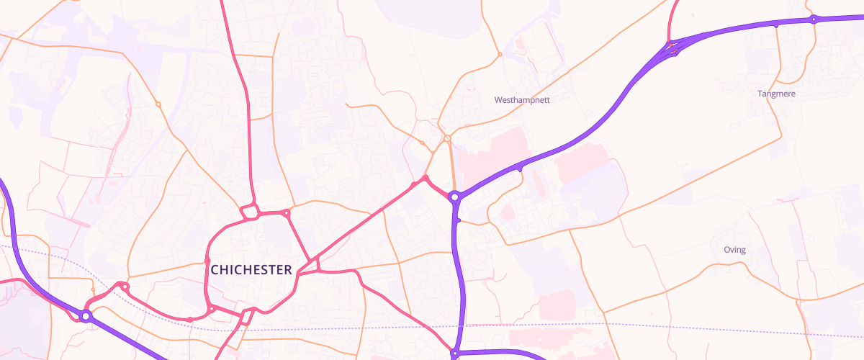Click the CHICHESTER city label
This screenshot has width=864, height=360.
point(251,270)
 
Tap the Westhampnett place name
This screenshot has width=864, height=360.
point(522,100)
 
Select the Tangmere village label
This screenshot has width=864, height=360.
point(777,94)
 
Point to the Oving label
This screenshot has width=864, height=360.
point(734,250)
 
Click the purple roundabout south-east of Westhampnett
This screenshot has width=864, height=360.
point(454,197)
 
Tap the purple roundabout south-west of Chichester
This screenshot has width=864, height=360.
point(86,315)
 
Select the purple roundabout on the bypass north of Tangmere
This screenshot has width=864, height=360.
point(813,19)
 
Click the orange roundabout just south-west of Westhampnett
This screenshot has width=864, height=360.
point(447,138)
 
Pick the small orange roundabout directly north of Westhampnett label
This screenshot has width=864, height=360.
point(499,54)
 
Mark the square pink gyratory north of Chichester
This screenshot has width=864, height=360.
point(250,212)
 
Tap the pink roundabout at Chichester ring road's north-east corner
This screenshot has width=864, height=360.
point(287,213)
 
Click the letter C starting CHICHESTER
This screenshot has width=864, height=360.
point(215,270)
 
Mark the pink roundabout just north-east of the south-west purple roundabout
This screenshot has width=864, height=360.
point(125,287)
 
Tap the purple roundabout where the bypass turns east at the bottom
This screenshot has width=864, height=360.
point(455,354)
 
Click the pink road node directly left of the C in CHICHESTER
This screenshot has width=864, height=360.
point(207,261)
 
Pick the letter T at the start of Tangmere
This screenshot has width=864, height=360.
point(760,94)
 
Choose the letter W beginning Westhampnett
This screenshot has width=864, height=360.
point(498,100)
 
